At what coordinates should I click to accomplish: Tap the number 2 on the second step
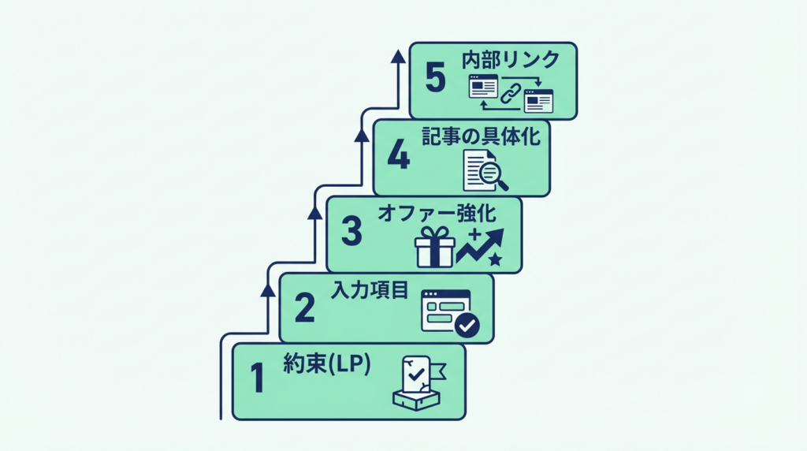tap(304, 308)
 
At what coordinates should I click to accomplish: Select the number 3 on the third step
tap(351, 232)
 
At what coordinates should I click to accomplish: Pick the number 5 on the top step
tap(435, 79)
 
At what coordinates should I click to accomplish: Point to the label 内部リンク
tap(511, 60)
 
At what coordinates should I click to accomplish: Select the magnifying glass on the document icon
tap(493, 173)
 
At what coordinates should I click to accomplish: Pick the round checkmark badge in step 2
tap(467, 324)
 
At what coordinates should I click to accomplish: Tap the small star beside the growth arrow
tap(495, 259)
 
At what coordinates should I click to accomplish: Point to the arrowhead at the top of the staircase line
tap(398, 56)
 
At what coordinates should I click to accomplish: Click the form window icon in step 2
tap(445, 310)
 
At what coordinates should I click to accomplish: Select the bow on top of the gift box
tap(435, 233)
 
